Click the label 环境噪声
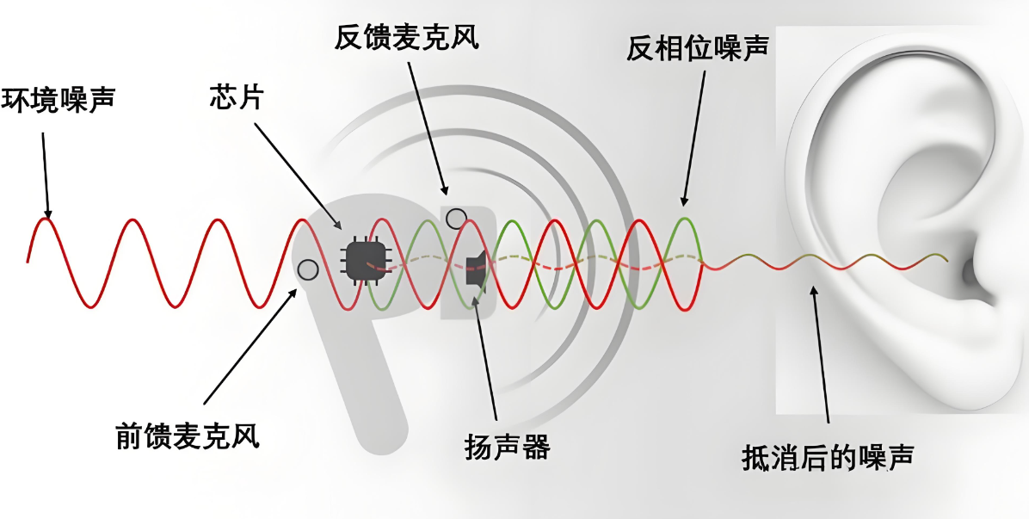click(x=58, y=98)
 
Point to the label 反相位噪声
click(x=697, y=49)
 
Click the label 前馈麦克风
click(x=187, y=436)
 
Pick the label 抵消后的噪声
click(x=827, y=457)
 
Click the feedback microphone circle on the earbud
click(x=456, y=219)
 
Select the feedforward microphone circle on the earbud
click(x=307, y=270)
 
